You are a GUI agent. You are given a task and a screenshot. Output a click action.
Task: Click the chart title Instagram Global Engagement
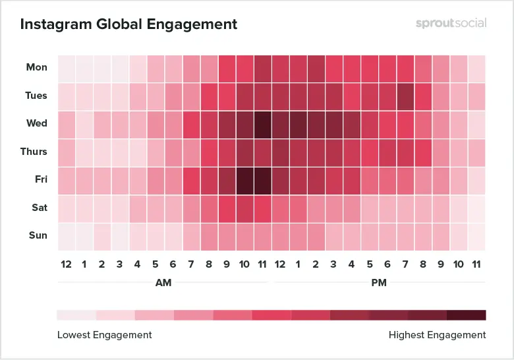[x=128, y=25]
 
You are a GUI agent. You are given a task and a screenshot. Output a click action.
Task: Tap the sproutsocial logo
[x=451, y=23]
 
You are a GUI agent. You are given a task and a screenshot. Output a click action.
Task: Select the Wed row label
[x=36, y=123]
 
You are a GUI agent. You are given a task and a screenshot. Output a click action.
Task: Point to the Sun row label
[x=38, y=235]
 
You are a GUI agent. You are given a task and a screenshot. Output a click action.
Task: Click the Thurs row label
[x=34, y=152]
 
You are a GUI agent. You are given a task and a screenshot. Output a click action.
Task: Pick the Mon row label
[x=36, y=67]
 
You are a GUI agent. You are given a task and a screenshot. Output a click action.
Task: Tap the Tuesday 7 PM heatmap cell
[x=405, y=96]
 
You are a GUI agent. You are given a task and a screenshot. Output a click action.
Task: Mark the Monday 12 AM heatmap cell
[x=67, y=68]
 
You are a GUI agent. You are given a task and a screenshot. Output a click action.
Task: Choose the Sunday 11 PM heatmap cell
[x=476, y=236]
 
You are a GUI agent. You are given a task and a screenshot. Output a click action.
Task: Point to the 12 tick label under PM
[x=280, y=264]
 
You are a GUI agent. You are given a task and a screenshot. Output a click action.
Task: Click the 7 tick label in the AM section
[x=191, y=264]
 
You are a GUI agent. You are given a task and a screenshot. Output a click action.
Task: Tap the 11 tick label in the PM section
[x=476, y=264]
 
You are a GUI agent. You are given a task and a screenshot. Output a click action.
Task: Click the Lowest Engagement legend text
[x=104, y=335]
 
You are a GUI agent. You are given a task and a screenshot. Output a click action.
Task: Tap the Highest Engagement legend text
[x=437, y=335]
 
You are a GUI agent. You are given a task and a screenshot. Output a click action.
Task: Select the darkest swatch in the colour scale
[x=467, y=315]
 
